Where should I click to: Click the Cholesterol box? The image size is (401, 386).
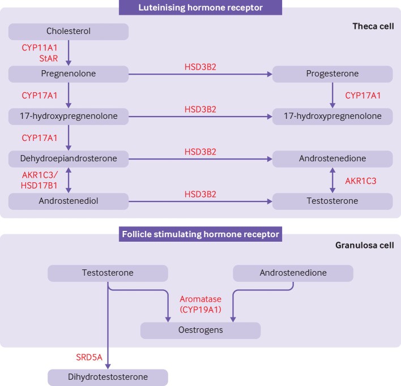coord(69,31)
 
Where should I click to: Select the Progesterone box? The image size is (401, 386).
coord(332,74)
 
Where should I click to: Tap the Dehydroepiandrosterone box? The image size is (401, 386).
coord(69,158)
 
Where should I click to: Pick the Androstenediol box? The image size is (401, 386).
coord(69,201)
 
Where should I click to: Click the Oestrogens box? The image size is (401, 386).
coord(200,331)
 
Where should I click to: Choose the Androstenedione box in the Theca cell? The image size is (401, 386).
coord(332,158)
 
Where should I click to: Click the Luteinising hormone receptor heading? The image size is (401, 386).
coord(200,7)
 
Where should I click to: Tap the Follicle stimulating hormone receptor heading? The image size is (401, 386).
coord(200,234)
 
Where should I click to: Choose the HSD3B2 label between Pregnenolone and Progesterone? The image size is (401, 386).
coord(201,66)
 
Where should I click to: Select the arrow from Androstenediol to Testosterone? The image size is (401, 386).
coord(201,201)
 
